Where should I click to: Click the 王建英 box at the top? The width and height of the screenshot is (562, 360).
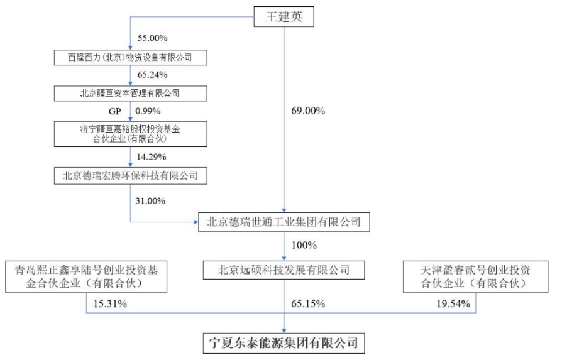pos(284,16)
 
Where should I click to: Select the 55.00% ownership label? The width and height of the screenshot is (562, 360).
pos(152,38)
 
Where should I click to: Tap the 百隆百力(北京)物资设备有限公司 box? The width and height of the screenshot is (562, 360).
pos(131,57)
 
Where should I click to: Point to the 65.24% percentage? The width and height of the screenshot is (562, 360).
pos(152,75)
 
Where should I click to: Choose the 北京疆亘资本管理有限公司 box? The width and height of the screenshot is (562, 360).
pos(131,94)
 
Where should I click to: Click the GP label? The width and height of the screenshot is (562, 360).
pos(114,111)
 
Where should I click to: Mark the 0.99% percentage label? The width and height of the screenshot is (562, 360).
pos(148,111)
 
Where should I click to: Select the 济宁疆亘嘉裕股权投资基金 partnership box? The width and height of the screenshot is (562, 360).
pos(131,134)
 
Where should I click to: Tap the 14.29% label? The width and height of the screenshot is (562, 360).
pos(152,157)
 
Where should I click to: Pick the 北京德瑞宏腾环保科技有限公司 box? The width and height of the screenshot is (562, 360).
pos(131,175)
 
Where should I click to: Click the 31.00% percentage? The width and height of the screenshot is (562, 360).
pos(150,201)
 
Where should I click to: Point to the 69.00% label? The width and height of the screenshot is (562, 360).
pos(308,111)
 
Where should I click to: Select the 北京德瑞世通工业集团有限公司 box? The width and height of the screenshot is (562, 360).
pos(284,222)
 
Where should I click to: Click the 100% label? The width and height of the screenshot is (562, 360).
pos(304,246)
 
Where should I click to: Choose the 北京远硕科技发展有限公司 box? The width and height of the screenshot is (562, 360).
pos(284,270)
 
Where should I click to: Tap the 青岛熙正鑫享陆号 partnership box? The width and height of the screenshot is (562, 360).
pos(86,276)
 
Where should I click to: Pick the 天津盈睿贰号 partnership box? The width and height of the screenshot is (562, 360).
pos(476,276)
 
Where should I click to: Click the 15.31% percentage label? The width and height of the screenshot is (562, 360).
pos(110,303)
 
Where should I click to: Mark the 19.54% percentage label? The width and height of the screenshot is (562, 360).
pos(453,303)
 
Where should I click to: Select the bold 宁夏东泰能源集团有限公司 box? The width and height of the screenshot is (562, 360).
pos(284,343)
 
